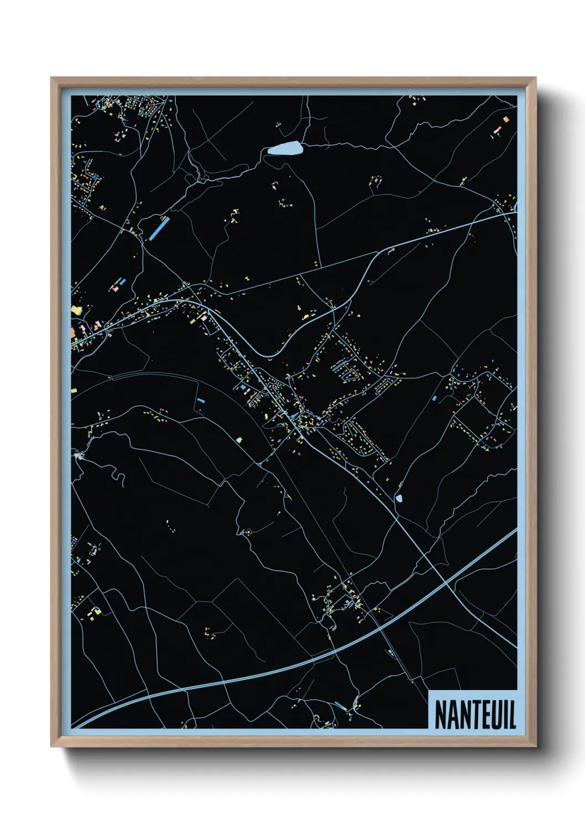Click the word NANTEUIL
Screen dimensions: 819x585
click(475, 714)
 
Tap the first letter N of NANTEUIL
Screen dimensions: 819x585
click(441, 714)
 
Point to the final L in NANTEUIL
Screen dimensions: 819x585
click(512, 714)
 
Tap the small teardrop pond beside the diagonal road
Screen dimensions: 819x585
click(399, 498)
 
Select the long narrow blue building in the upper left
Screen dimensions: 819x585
click(159, 228)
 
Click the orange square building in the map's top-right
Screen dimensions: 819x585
click(504, 119)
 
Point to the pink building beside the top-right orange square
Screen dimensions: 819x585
click(497, 131)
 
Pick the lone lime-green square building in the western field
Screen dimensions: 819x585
click(239, 440)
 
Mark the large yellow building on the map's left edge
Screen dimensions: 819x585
click(75, 310)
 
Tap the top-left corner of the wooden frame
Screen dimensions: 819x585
click(51, 78)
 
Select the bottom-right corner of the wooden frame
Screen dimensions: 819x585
click(535, 747)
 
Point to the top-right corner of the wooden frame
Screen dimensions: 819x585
click(535, 78)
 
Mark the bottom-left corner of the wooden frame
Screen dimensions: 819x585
click(51, 747)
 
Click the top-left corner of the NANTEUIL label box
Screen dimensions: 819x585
click(430, 691)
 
